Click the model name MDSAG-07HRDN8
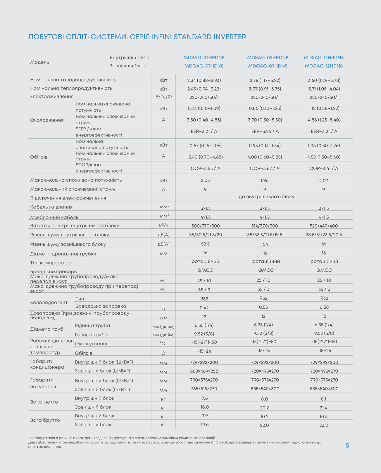(204, 58)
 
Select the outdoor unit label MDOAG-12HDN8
(324, 66)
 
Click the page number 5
(347, 446)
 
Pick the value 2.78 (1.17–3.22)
(265, 80)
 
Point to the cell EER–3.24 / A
(265, 132)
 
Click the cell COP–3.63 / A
(206, 168)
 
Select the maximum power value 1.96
(264, 180)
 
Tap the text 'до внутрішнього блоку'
(266, 197)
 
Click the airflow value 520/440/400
(324, 226)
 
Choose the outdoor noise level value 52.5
(205, 244)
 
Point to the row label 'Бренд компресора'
(54, 271)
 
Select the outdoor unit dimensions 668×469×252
(204, 371)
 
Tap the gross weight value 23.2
(323, 425)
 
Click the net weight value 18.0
(205, 407)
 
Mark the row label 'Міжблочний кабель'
(54, 217)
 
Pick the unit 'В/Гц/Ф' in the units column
(163, 97)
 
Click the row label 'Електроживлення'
(52, 97)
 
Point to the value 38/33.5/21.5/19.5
(265, 235)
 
